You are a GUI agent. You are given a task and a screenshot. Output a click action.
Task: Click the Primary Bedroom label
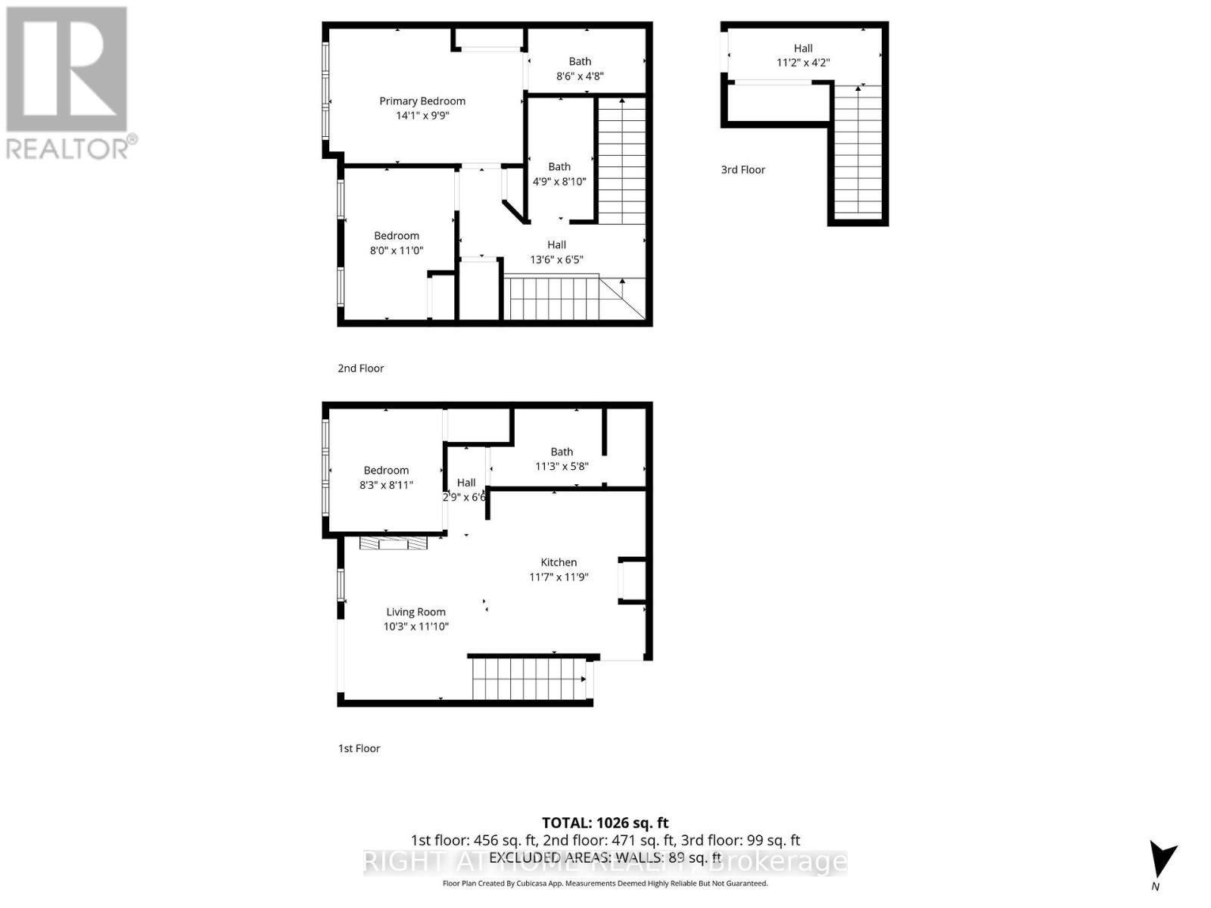click(x=422, y=101)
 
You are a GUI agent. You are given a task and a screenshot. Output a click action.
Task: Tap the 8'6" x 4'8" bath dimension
click(x=580, y=76)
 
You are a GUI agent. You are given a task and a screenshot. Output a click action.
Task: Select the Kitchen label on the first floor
click(x=559, y=562)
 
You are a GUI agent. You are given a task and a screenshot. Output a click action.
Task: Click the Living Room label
click(x=416, y=612)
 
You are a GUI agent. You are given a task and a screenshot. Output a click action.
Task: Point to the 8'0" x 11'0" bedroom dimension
click(x=397, y=250)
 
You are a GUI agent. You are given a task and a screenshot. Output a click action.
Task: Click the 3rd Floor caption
click(x=742, y=169)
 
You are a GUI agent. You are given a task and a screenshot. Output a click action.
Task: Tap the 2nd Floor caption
click(x=360, y=368)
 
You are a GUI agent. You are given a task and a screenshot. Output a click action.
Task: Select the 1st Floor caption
click(x=359, y=748)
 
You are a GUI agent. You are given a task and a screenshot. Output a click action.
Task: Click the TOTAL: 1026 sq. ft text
click(x=605, y=822)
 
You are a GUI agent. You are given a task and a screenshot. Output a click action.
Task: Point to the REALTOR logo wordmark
click(x=72, y=148)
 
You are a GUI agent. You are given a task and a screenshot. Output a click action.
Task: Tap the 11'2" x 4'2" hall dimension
click(x=803, y=63)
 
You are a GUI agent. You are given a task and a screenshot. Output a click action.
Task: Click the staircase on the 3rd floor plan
click(x=858, y=151)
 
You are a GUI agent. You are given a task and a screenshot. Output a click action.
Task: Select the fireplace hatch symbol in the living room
click(x=393, y=543)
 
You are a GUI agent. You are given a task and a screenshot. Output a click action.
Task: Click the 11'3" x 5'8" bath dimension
click(x=562, y=467)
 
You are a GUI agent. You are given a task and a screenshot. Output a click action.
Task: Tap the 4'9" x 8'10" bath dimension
click(x=559, y=182)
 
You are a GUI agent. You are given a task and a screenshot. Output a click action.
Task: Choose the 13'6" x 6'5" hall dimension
click(x=556, y=260)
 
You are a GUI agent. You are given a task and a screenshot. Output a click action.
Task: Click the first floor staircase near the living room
click(x=528, y=678)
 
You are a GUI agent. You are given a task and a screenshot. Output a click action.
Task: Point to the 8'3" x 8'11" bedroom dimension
click(x=386, y=485)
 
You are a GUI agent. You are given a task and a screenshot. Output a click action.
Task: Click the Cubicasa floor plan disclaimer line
click(x=605, y=883)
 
